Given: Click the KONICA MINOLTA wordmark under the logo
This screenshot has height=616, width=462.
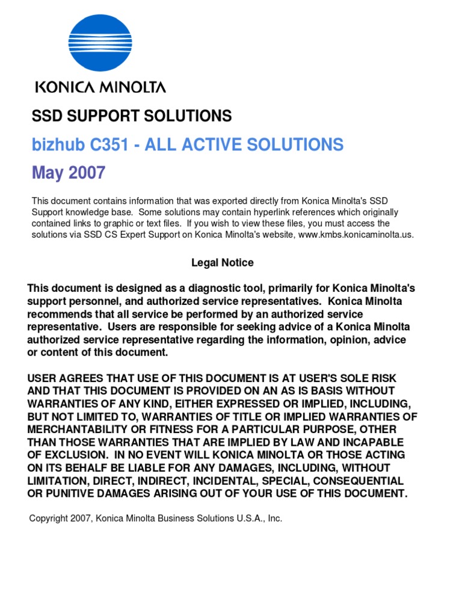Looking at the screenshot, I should coord(100,88).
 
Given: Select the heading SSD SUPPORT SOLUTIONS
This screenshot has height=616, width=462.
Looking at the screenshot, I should coord(132,116).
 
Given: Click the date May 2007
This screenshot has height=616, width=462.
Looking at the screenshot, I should coord(68,173).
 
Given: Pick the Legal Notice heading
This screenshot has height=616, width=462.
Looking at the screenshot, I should coord(223,263).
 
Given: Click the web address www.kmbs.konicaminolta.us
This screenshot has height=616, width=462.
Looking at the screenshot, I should coord(356,235).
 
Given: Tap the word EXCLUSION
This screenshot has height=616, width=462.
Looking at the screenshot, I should coord(82,455).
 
